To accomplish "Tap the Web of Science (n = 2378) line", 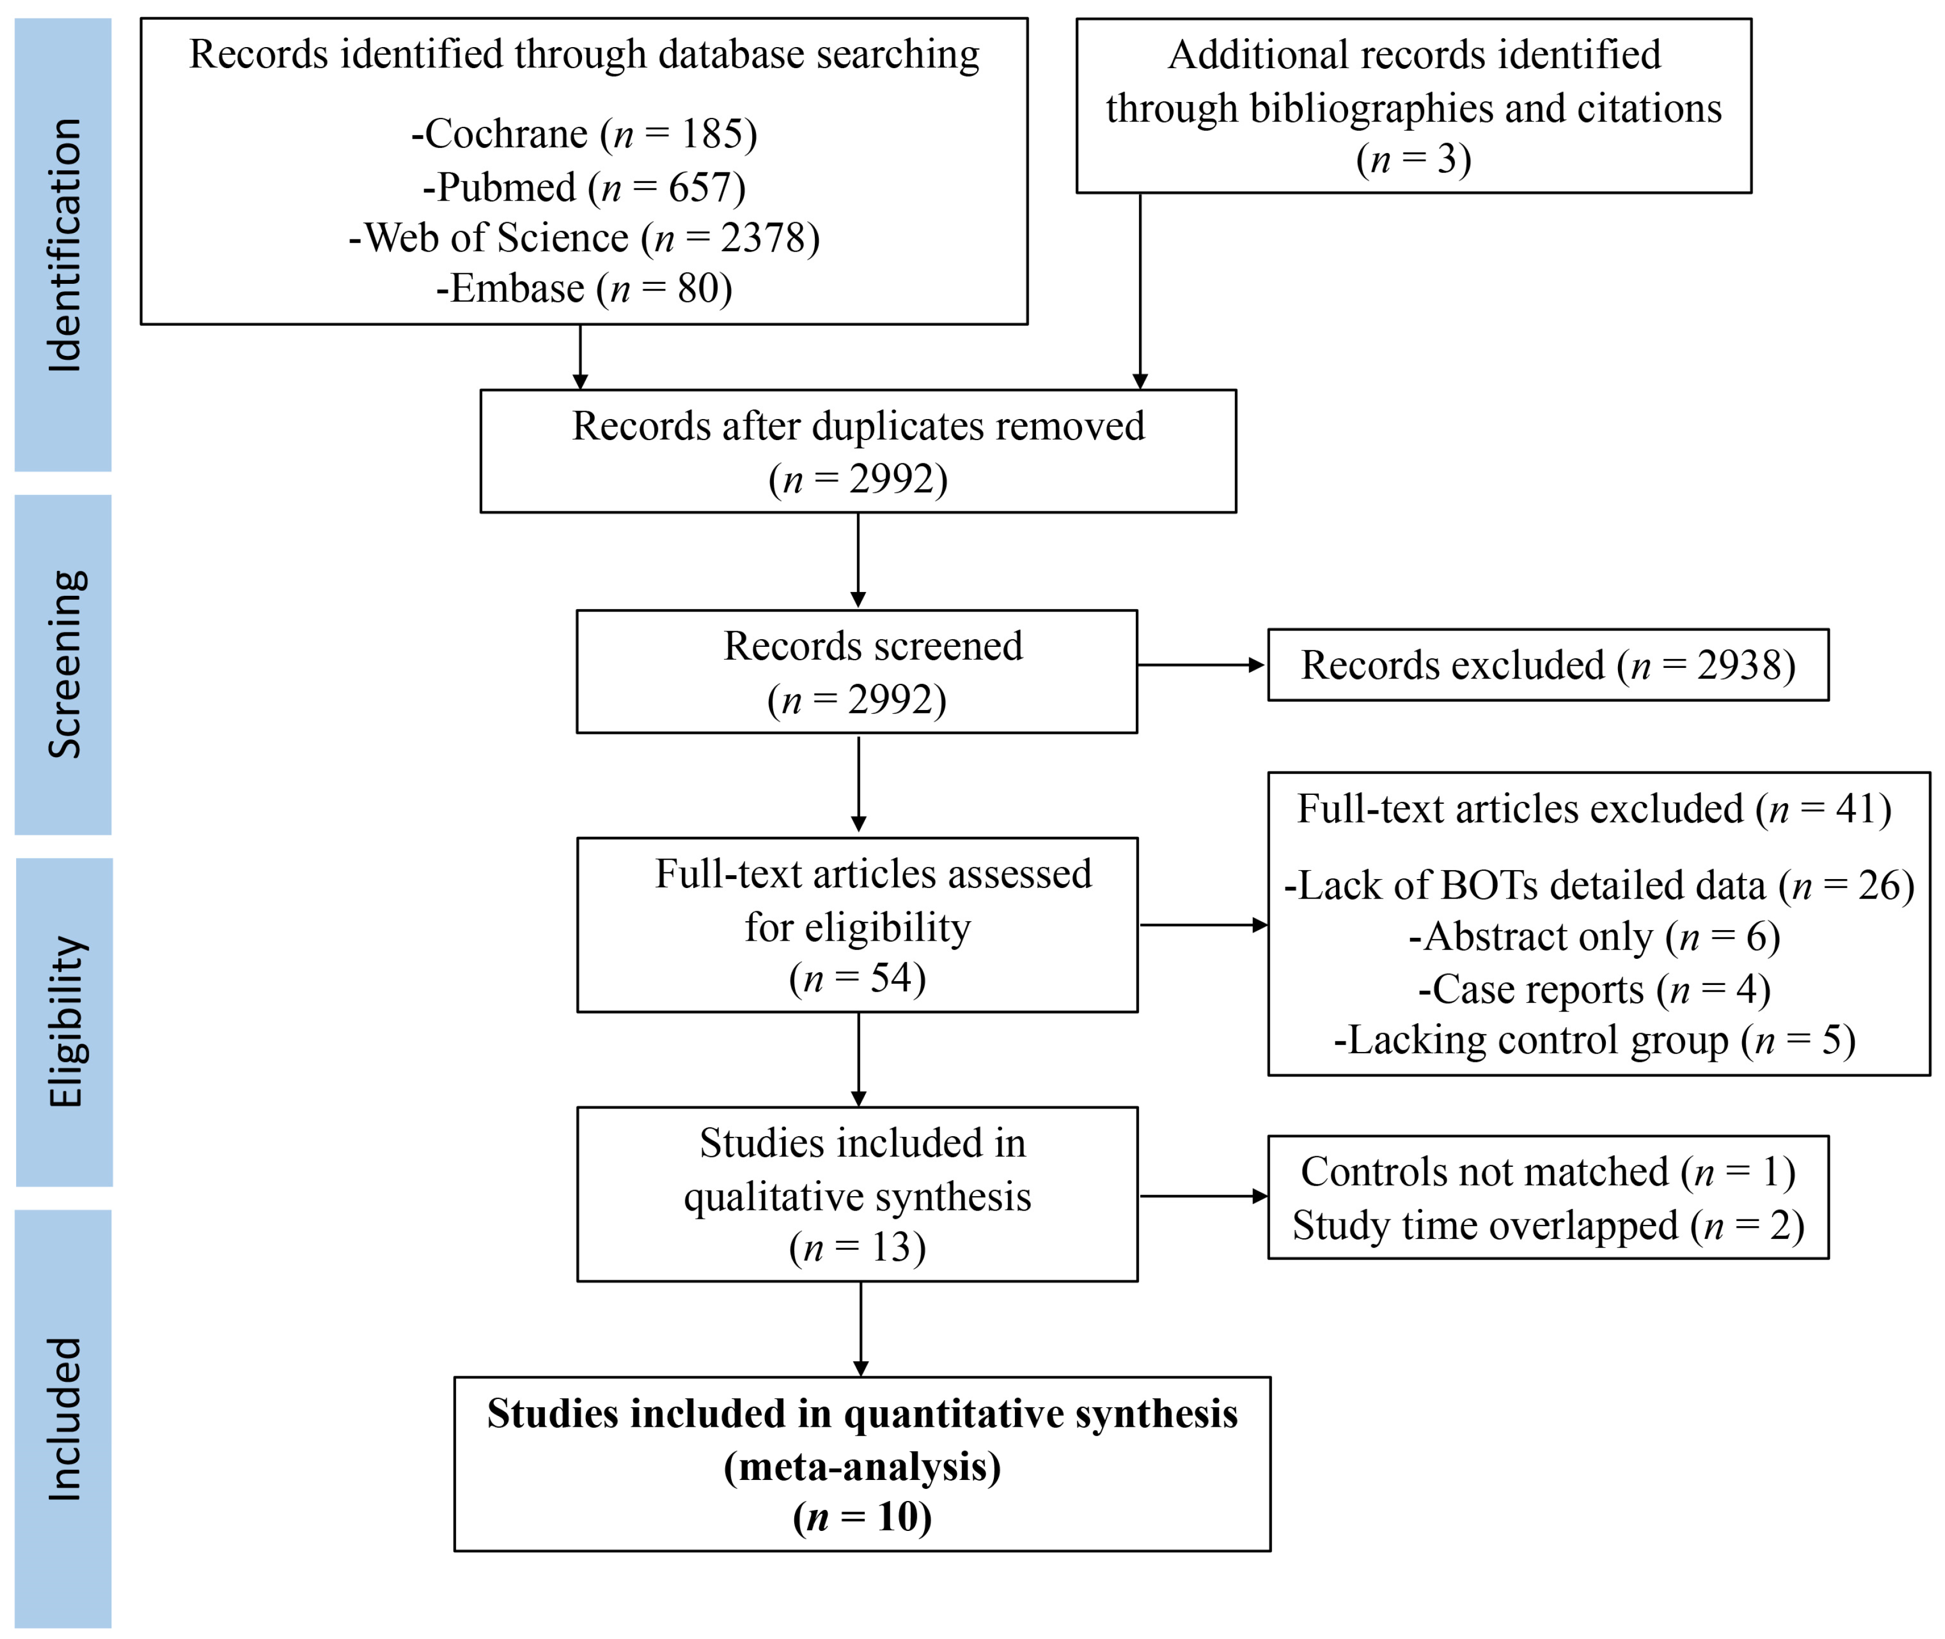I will pos(584,238).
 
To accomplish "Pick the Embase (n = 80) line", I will pos(584,289).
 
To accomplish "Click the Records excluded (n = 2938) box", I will pos(1547,665).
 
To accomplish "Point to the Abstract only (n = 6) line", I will pos(1594,937).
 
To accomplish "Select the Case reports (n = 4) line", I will pos(1594,989).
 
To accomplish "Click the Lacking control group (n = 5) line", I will pos(1594,1040).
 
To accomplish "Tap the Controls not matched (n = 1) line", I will pos(1547,1172).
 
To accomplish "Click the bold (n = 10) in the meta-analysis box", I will pos(861,1517).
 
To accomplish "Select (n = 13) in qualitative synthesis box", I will pos(857,1247).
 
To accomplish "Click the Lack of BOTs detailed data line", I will pos(1599,886).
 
